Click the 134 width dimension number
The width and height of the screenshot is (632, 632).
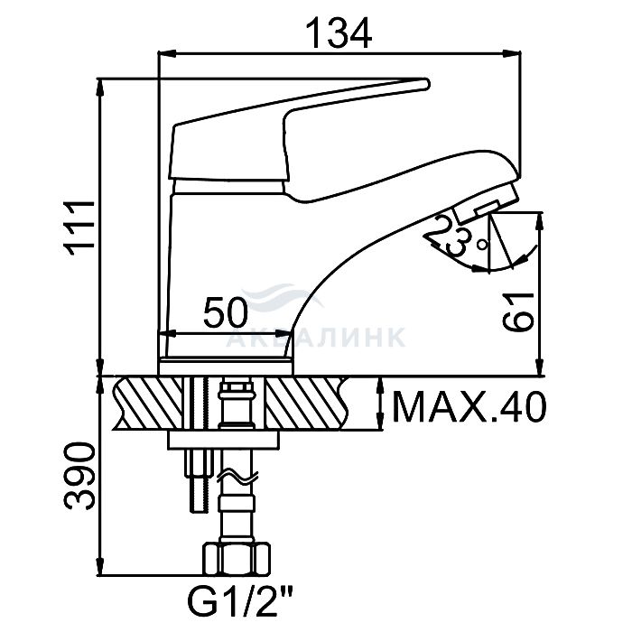[x=339, y=33]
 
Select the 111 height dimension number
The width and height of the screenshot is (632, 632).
[x=80, y=228]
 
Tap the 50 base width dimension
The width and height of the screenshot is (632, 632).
[x=225, y=312]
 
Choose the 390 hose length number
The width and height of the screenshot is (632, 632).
[x=79, y=477]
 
